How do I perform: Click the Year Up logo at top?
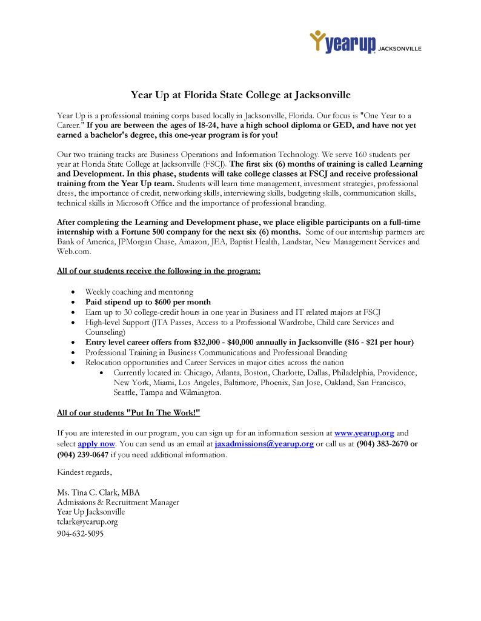(x=343, y=42)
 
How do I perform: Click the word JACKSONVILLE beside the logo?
(x=400, y=48)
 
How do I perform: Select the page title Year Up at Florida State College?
(x=240, y=95)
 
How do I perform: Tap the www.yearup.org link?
(x=364, y=433)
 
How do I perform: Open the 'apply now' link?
(x=96, y=444)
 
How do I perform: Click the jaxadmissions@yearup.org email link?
(x=264, y=444)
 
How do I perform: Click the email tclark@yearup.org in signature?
(x=87, y=522)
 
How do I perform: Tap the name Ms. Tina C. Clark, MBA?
(x=98, y=492)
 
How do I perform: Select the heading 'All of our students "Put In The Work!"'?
(x=128, y=413)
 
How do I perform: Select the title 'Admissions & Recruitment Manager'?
(x=118, y=502)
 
